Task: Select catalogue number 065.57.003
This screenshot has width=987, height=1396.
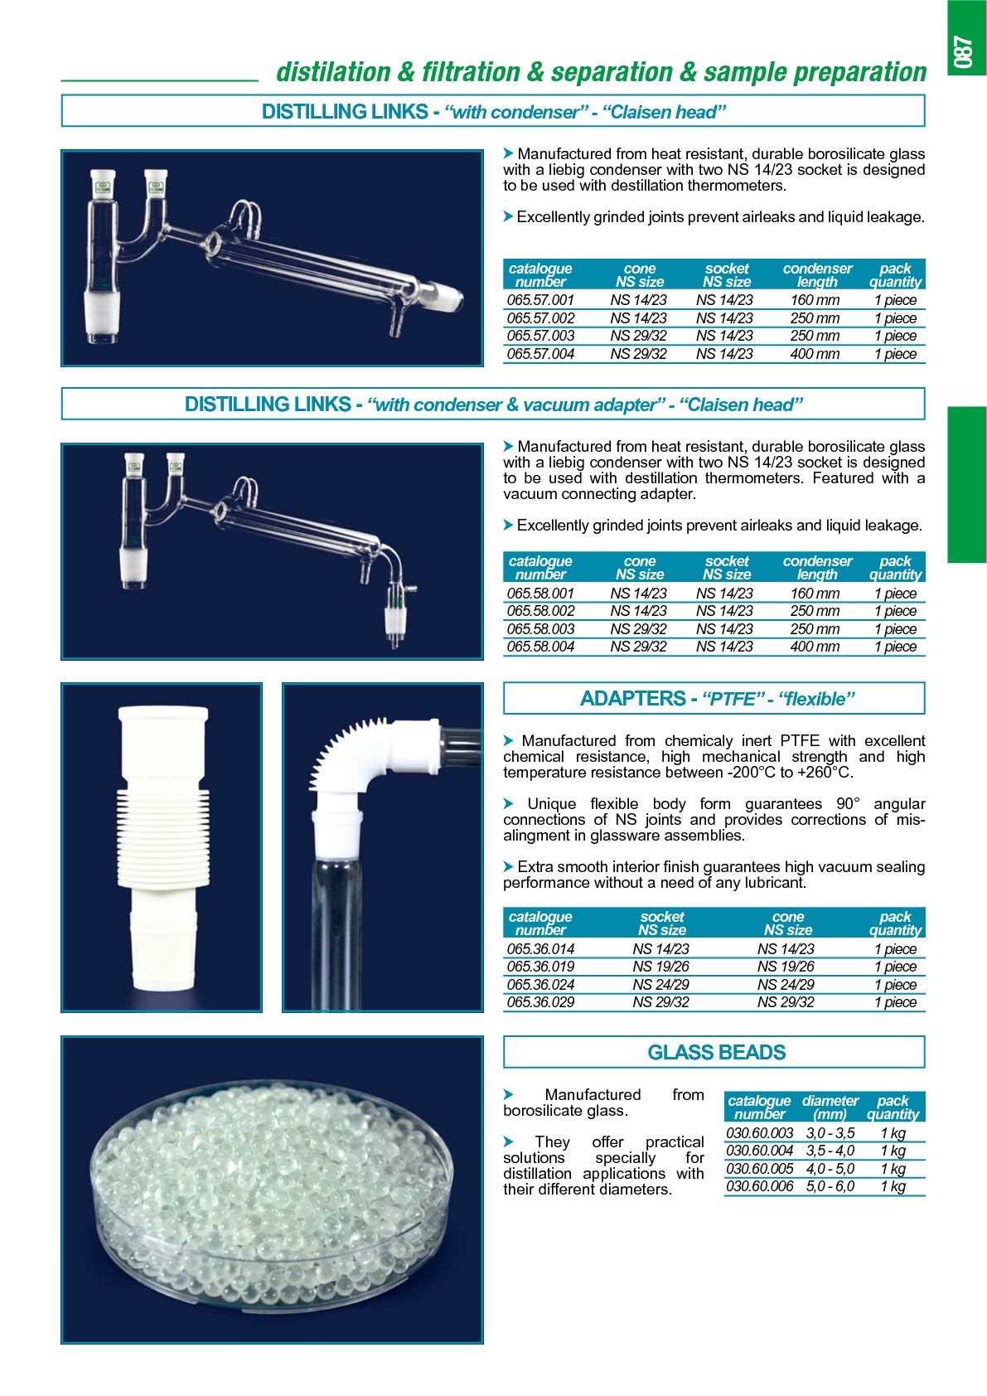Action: coord(540,336)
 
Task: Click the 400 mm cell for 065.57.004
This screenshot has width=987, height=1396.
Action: coord(815,354)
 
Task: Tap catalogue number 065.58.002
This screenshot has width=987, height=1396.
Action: coord(540,611)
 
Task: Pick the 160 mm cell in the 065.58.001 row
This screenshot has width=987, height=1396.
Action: coord(815,594)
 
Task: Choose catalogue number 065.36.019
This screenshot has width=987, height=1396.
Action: coord(540,967)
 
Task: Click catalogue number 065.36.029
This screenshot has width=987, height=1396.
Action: coord(540,1002)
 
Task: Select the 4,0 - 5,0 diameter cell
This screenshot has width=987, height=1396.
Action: coord(830,1169)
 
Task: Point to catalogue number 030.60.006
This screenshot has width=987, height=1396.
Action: coord(759,1186)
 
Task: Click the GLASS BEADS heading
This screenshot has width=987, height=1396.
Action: coord(716,1052)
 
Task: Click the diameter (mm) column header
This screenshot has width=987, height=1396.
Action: coord(830,1108)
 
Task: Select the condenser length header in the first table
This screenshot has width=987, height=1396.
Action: coord(817,275)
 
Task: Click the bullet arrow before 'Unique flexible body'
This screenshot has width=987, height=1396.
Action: coord(509,803)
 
